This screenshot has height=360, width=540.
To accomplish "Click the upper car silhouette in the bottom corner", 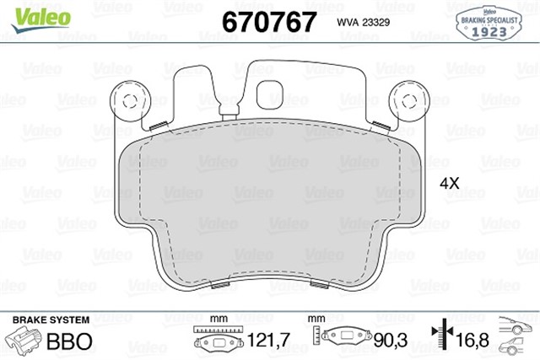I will [x=516, y=323].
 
